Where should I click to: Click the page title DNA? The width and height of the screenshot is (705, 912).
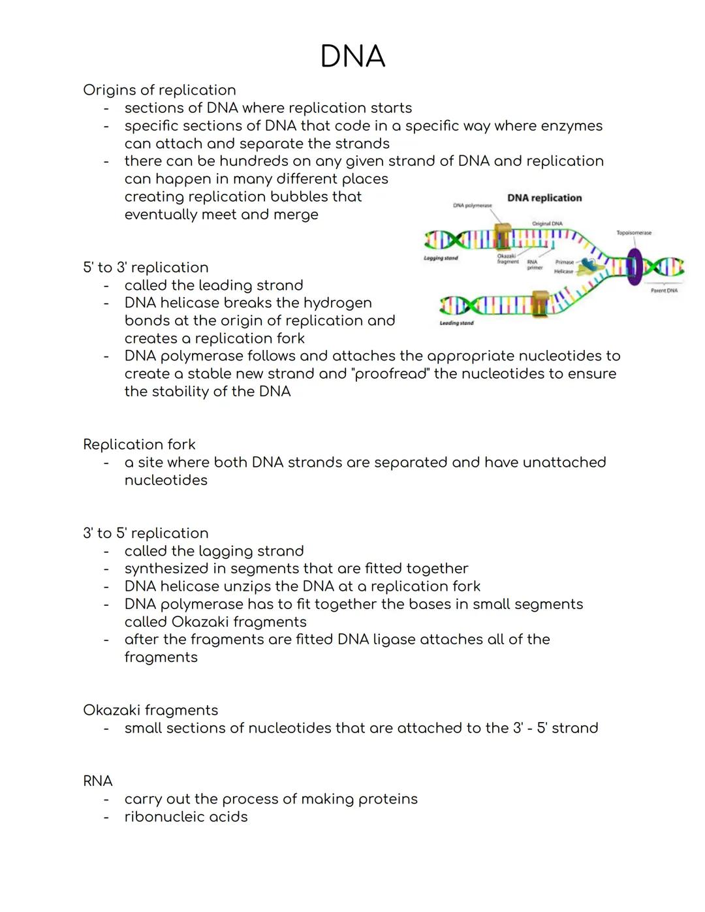click(352, 57)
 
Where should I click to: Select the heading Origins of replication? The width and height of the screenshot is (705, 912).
click(159, 90)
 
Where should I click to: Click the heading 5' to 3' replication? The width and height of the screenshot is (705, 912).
click(146, 268)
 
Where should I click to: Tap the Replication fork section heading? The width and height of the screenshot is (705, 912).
click(139, 445)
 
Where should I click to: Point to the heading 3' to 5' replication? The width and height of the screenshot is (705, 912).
click(146, 533)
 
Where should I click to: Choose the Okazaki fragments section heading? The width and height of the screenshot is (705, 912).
click(150, 710)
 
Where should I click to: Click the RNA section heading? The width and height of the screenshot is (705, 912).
click(98, 781)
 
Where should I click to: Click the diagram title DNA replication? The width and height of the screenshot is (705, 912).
click(544, 198)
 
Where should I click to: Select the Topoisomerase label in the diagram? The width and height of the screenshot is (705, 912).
click(634, 232)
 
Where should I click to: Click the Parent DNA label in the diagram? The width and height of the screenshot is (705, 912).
click(664, 291)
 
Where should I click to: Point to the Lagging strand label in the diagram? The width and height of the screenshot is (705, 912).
click(441, 259)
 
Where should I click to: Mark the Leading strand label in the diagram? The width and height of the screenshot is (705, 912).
click(456, 323)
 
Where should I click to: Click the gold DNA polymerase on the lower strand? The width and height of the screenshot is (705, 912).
click(540, 302)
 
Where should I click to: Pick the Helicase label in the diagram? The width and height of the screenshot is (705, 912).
click(563, 271)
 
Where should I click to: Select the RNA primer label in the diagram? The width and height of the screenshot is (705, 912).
click(534, 264)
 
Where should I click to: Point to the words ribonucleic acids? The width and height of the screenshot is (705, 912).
click(186, 817)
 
